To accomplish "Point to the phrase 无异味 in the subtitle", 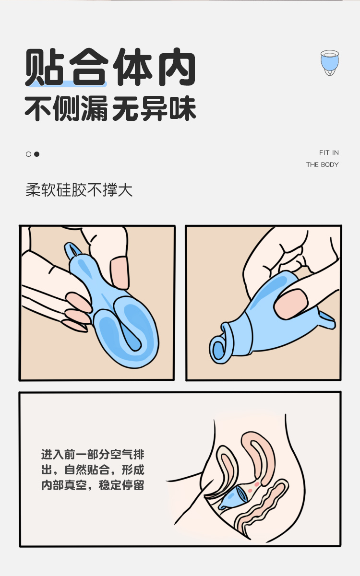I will (x=154, y=110).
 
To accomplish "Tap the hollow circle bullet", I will (x=28, y=154).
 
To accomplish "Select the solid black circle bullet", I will (x=36, y=154).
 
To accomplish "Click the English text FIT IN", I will (x=329, y=153).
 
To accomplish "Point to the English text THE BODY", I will (x=323, y=165).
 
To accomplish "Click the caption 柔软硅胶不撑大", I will (x=79, y=190).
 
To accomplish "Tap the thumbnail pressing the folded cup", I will (x=120, y=270).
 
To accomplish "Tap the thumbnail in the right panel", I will (x=293, y=305).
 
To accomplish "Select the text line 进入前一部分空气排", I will (x=93, y=454).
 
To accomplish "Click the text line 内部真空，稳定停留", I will (x=93, y=484).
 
